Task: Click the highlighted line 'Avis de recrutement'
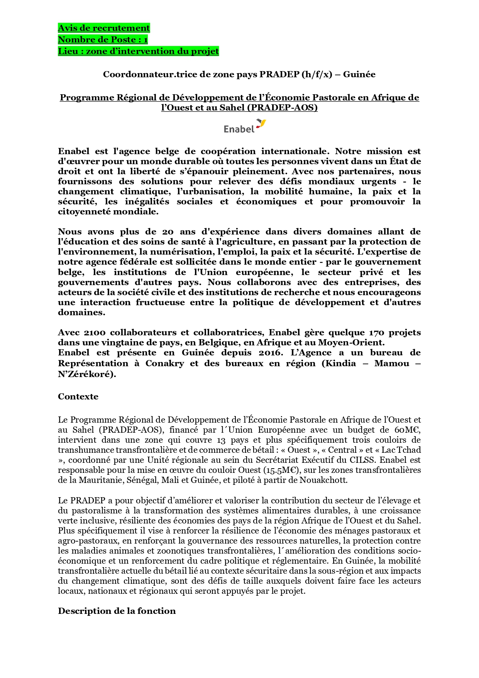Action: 104,28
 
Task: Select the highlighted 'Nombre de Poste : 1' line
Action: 103,40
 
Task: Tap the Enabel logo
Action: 245,126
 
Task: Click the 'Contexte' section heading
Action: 78,397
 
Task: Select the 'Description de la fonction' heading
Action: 117,611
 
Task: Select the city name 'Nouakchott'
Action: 328,480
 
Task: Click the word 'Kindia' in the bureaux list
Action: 343,364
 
